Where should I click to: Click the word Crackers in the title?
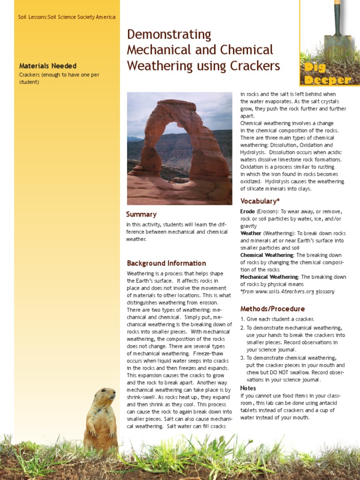pyautogui.click(x=256, y=66)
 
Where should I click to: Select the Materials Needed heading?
pyautogui.click(x=48, y=66)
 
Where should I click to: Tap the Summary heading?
pyautogui.click(x=141, y=214)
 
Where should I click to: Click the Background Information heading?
pyautogui.click(x=166, y=263)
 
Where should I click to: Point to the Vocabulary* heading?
pyautogui.click(x=260, y=201)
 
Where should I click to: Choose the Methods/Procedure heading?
pyautogui.click(x=272, y=309)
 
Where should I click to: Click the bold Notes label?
pyautogui.click(x=248, y=388)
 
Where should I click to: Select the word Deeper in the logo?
pyautogui.click(x=327, y=80)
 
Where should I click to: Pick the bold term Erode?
pyautogui.click(x=247, y=211)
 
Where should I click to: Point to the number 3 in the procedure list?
pyautogui.click(x=242, y=358)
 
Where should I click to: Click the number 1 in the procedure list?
pyautogui.click(x=242, y=319)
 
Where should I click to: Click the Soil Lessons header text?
pyautogui.click(x=67, y=17)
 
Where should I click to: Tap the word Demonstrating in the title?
pyautogui.click(x=169, y=34)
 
